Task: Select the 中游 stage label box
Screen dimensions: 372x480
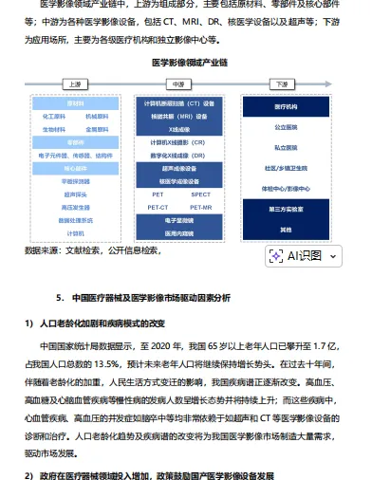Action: pos(180,83)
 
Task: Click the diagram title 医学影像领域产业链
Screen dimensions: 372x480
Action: pos(185,63)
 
